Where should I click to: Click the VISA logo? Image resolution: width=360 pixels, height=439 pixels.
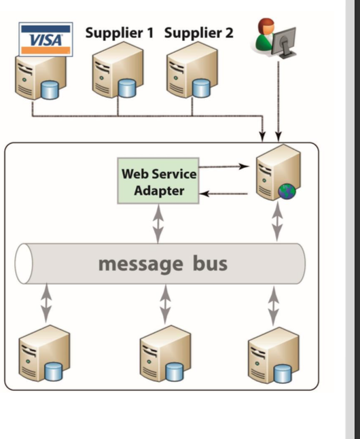(x=46, y=39)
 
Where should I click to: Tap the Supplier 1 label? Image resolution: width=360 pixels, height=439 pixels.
(x=120, y=32)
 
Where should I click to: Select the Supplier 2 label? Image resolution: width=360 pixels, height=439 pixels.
(x=198, y=32)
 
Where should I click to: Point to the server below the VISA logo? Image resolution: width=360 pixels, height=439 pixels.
(x=39, y=76)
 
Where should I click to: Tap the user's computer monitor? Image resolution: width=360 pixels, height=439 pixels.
(x=285, y=38)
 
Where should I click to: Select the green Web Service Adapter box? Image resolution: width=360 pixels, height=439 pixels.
(x=159, y=181)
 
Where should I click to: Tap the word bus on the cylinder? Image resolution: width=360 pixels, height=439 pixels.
(x=205, y=264)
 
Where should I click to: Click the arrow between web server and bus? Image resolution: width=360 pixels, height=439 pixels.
(x=277, y=222)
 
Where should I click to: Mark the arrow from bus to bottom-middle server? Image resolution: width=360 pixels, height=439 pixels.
(x=164, y=304)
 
